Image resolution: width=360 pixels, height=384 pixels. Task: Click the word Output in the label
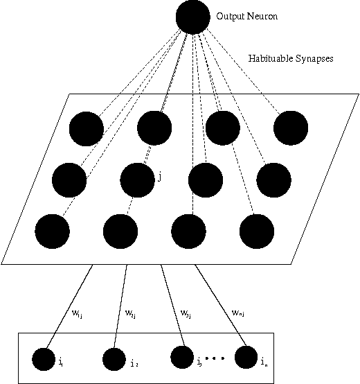[228, 16]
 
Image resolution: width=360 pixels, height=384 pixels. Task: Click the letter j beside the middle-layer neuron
[160, 177]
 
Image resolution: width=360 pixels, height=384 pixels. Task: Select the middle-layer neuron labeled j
[137, 179]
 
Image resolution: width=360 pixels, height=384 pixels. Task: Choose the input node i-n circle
[246, 357]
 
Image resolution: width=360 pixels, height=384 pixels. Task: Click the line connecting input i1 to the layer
[69, 312]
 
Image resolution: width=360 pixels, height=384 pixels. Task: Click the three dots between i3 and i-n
[215, 358]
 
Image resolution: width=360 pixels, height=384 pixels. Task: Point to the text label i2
[133, 363]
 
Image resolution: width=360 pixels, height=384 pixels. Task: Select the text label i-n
[264, 361]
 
